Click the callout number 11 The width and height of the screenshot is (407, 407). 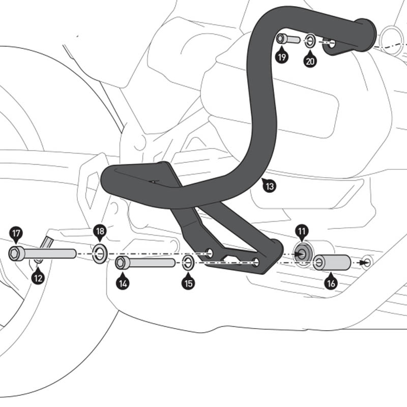click(x=302, y=234)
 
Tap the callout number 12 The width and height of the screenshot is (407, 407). click(x=38, y=278)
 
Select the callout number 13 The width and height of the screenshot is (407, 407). click(x=270, y=186)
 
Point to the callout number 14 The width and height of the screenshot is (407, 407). click(x=122, y=283)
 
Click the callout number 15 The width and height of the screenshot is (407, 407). click(x=189, y=283)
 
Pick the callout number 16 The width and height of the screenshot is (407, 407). click(x=331, y=283)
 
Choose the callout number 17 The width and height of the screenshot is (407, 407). click(x=16, y=234)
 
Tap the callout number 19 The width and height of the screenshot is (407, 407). click(x=281, y=56)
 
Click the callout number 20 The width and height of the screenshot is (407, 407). click(x=310, y=61)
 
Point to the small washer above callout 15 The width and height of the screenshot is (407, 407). click(x=187, y=263)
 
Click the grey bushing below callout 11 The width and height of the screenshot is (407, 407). click(x=302, y=253)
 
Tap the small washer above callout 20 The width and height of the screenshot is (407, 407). click(x=310, y=40)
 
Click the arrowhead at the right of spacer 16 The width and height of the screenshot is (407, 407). click(x=363, y=263)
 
